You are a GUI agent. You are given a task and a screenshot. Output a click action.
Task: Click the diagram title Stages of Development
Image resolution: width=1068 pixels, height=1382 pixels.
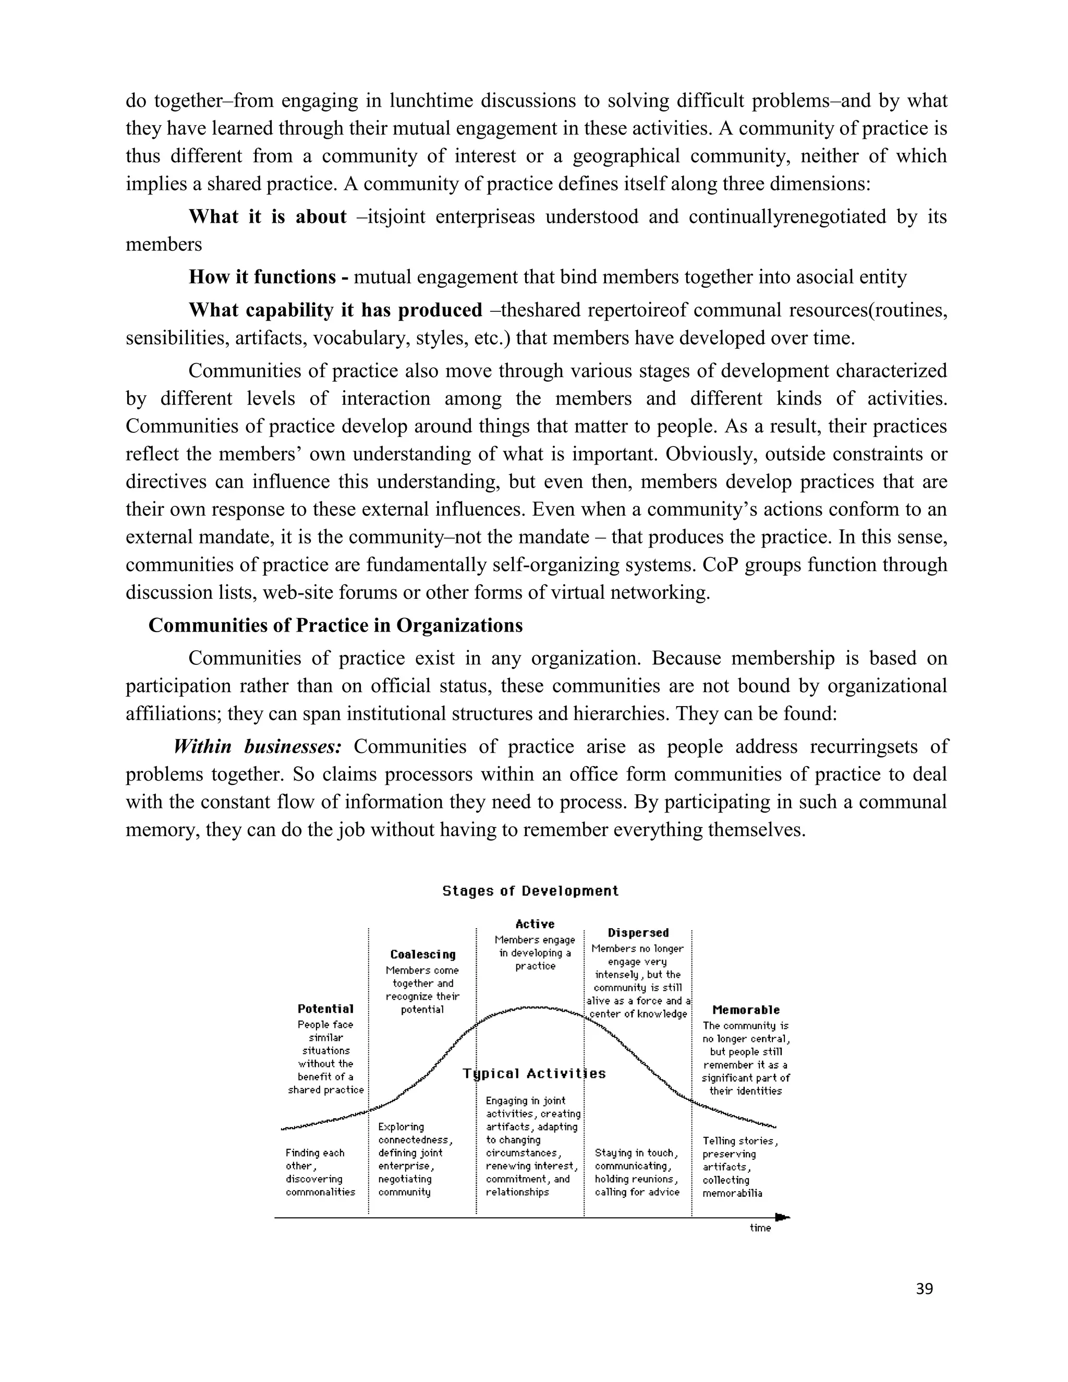(x=530, y=891)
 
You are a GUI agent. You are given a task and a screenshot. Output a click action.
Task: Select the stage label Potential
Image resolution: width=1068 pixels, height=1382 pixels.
(x=325, y=1009)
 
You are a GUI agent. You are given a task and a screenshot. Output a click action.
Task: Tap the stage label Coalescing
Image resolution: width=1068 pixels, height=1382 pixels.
(x=422, y=954)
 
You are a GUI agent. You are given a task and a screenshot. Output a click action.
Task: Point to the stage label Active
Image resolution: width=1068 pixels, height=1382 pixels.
(x=535, y=924)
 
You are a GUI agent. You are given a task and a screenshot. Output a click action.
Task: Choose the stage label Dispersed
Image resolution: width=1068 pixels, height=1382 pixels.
(x=638, y=933)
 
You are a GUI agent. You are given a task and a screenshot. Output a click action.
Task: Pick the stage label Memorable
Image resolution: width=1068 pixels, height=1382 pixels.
(x=746, y=1010)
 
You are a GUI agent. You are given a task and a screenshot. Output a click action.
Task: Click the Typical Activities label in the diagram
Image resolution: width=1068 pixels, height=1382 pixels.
(x=535, y=1073)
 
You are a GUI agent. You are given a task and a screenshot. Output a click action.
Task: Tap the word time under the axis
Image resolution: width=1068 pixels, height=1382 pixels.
(x=760, y=1228)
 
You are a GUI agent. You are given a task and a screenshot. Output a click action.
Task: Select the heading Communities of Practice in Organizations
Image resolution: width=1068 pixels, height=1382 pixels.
(x=335, y=625)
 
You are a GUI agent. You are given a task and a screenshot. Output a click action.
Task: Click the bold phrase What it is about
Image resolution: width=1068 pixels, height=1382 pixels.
(x=268, y=217)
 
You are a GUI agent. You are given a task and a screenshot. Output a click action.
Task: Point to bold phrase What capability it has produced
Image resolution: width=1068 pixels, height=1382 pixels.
(x=335, y=310)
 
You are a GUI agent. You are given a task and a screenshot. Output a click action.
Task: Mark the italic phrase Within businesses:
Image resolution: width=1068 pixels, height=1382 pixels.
(x=258, y=747)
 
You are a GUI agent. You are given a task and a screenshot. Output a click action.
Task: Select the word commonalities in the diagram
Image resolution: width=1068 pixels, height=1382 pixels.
(x=320, y=1192)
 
